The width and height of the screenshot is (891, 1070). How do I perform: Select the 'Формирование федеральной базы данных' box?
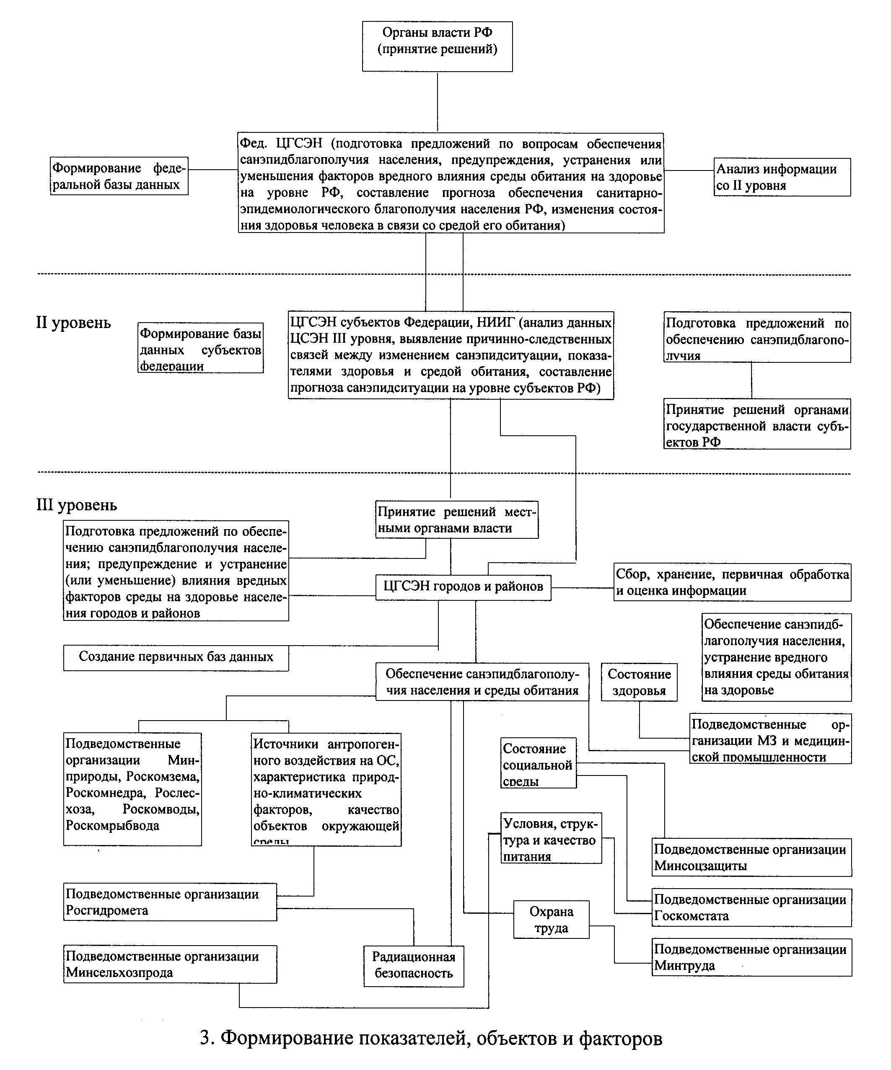pos(119,176)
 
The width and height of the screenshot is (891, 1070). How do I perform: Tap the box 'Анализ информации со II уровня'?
pos(782,177)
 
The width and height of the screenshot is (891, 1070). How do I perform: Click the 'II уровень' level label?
pos(73,323)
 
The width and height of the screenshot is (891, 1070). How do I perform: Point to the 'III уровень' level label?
pos(76,505)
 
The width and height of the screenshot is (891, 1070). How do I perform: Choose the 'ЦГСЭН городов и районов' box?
pos(463,587)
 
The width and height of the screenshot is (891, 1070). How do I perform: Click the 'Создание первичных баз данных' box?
pos(176,657)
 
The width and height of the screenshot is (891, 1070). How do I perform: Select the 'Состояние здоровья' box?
pos(639,682)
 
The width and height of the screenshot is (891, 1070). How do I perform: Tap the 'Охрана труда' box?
pos(551,919)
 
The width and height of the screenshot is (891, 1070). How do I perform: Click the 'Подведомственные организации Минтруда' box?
pos(751,957)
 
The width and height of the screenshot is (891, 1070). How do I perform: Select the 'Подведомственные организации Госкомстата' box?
pos(751,907)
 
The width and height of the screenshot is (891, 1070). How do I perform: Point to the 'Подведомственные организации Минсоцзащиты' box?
pos(751,858)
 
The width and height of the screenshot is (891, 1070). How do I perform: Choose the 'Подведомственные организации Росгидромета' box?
pos(170,902)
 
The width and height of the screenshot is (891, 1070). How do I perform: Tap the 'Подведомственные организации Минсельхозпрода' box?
pos(170,964)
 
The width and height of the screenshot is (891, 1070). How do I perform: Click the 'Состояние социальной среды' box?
pos(538,763)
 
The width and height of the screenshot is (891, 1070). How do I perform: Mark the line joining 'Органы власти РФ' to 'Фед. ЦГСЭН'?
pos(438,102)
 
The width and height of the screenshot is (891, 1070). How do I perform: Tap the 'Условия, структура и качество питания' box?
pos(551,838)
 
